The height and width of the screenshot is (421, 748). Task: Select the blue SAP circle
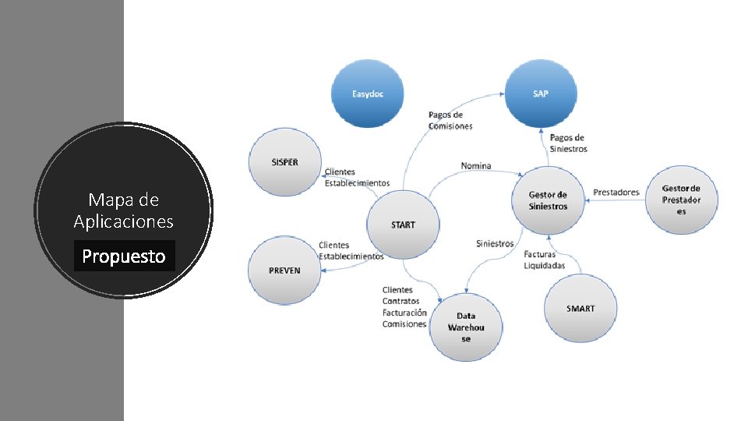541,94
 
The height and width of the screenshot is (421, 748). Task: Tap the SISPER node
284,162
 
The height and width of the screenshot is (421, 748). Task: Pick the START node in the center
403,225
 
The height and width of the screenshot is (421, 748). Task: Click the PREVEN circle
284,270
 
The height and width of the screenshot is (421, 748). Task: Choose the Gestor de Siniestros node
548,200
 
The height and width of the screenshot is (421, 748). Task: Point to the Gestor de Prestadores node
681,200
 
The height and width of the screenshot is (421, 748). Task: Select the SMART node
580,309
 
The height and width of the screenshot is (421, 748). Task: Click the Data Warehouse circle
466,327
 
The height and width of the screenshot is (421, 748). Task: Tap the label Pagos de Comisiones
450,120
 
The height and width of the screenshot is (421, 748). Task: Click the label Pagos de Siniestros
568,143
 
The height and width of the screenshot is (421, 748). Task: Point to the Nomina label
476,165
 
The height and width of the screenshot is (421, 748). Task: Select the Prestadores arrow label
616,192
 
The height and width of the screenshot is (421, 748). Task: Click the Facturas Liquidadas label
544,260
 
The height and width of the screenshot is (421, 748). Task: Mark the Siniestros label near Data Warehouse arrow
495,243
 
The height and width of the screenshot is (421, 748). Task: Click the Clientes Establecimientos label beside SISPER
356,178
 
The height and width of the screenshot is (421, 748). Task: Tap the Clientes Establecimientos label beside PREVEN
351,251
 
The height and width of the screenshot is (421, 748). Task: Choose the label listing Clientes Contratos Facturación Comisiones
404,307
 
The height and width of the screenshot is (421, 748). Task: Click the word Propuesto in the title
124,256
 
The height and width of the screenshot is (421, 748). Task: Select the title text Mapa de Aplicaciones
124,210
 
